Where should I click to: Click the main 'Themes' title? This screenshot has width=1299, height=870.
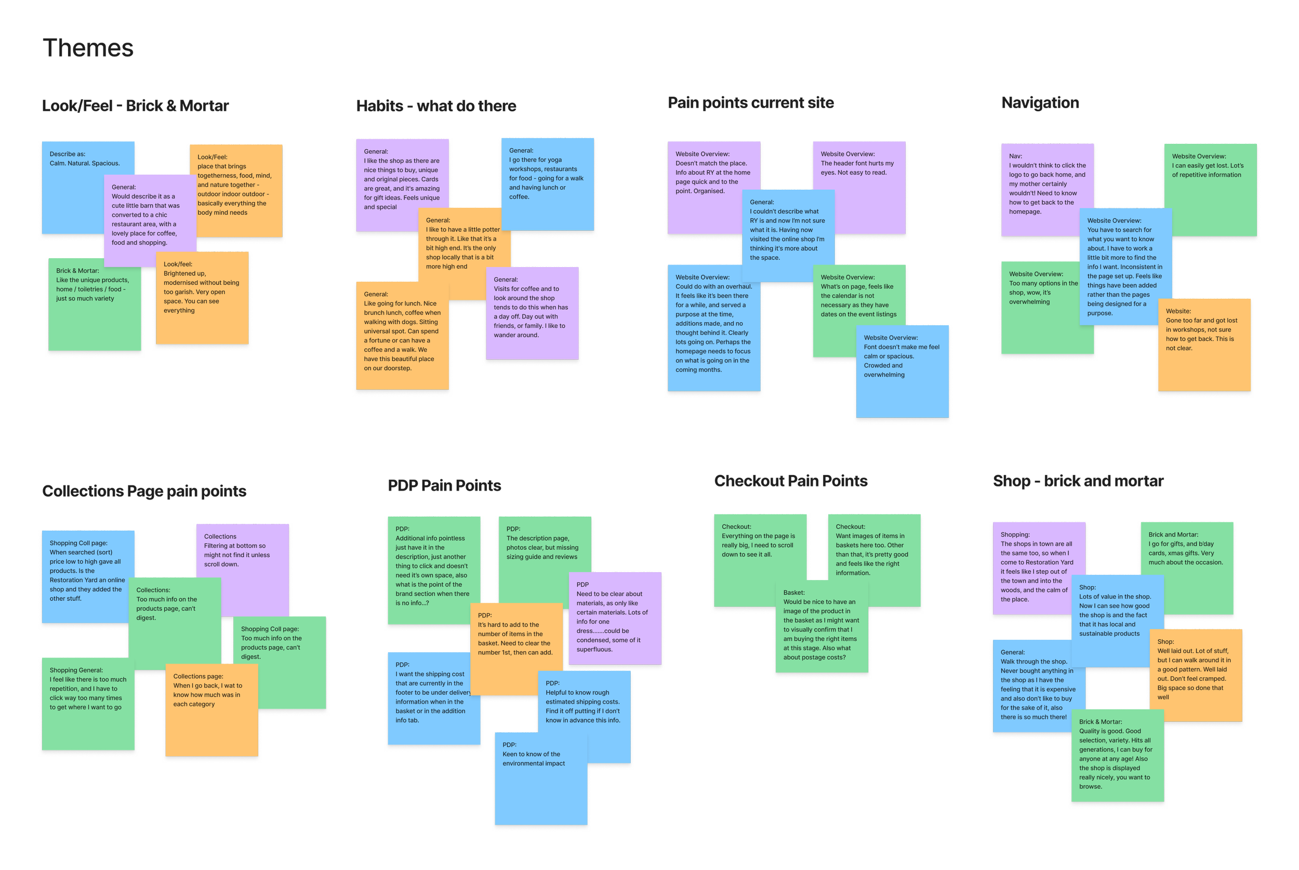[x=88, y=48]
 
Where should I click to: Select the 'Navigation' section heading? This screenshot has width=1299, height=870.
[x=1040, y=103]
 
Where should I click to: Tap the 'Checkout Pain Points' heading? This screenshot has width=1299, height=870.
[x=791, y=481]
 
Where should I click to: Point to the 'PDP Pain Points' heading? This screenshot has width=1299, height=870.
[x=444, y=486]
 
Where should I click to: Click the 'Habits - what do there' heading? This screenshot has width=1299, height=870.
[x=436, y=106]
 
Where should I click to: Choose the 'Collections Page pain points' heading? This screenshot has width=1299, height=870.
[x=144, y=492]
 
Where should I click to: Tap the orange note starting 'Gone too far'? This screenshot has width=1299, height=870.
[x=1203, y=344]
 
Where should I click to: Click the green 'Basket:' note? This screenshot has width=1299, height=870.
[x=821, y=627]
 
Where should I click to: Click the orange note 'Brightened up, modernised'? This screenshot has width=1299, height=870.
[x=203, y=297]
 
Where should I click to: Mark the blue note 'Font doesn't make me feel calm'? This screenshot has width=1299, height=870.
[x=902, y=372]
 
